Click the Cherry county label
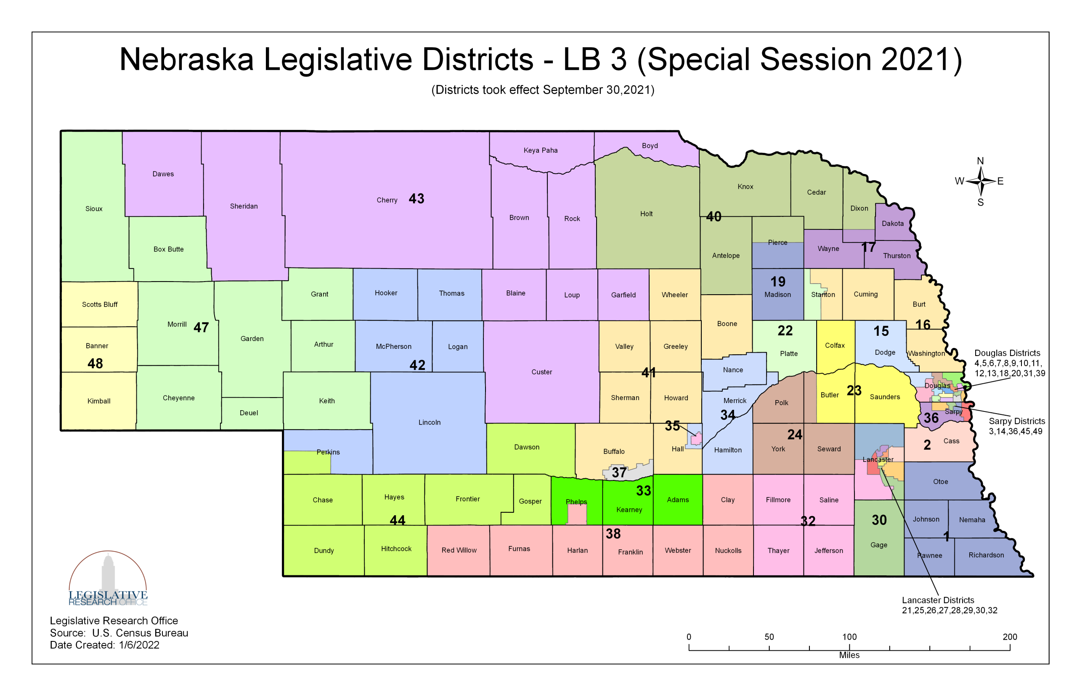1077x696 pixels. tap(387, 200)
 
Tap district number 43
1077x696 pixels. tap(416, 199)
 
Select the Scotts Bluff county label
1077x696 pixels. tap(100, 305)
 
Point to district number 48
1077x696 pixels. tap(95, 364)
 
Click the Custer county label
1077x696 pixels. tap(541, 372)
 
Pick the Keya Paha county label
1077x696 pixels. tap(540, 150)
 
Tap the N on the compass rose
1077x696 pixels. tap(980, 161)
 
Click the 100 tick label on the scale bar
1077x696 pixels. tap(849, 637)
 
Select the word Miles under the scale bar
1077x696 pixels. tap(849, 655)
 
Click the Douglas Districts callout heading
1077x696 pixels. tap(1006, 353)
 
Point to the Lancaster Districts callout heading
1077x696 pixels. tap(937, 600)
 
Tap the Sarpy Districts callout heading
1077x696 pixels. tap(1016, 421)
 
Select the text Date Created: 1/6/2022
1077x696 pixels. tap(104, 645)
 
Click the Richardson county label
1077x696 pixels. tap(986, 555)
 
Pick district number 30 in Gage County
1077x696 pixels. tap(878, 520)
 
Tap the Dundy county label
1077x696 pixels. tap(324, 551)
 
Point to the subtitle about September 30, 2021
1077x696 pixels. tap(542, 90)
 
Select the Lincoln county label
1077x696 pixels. tap(429, 422)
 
